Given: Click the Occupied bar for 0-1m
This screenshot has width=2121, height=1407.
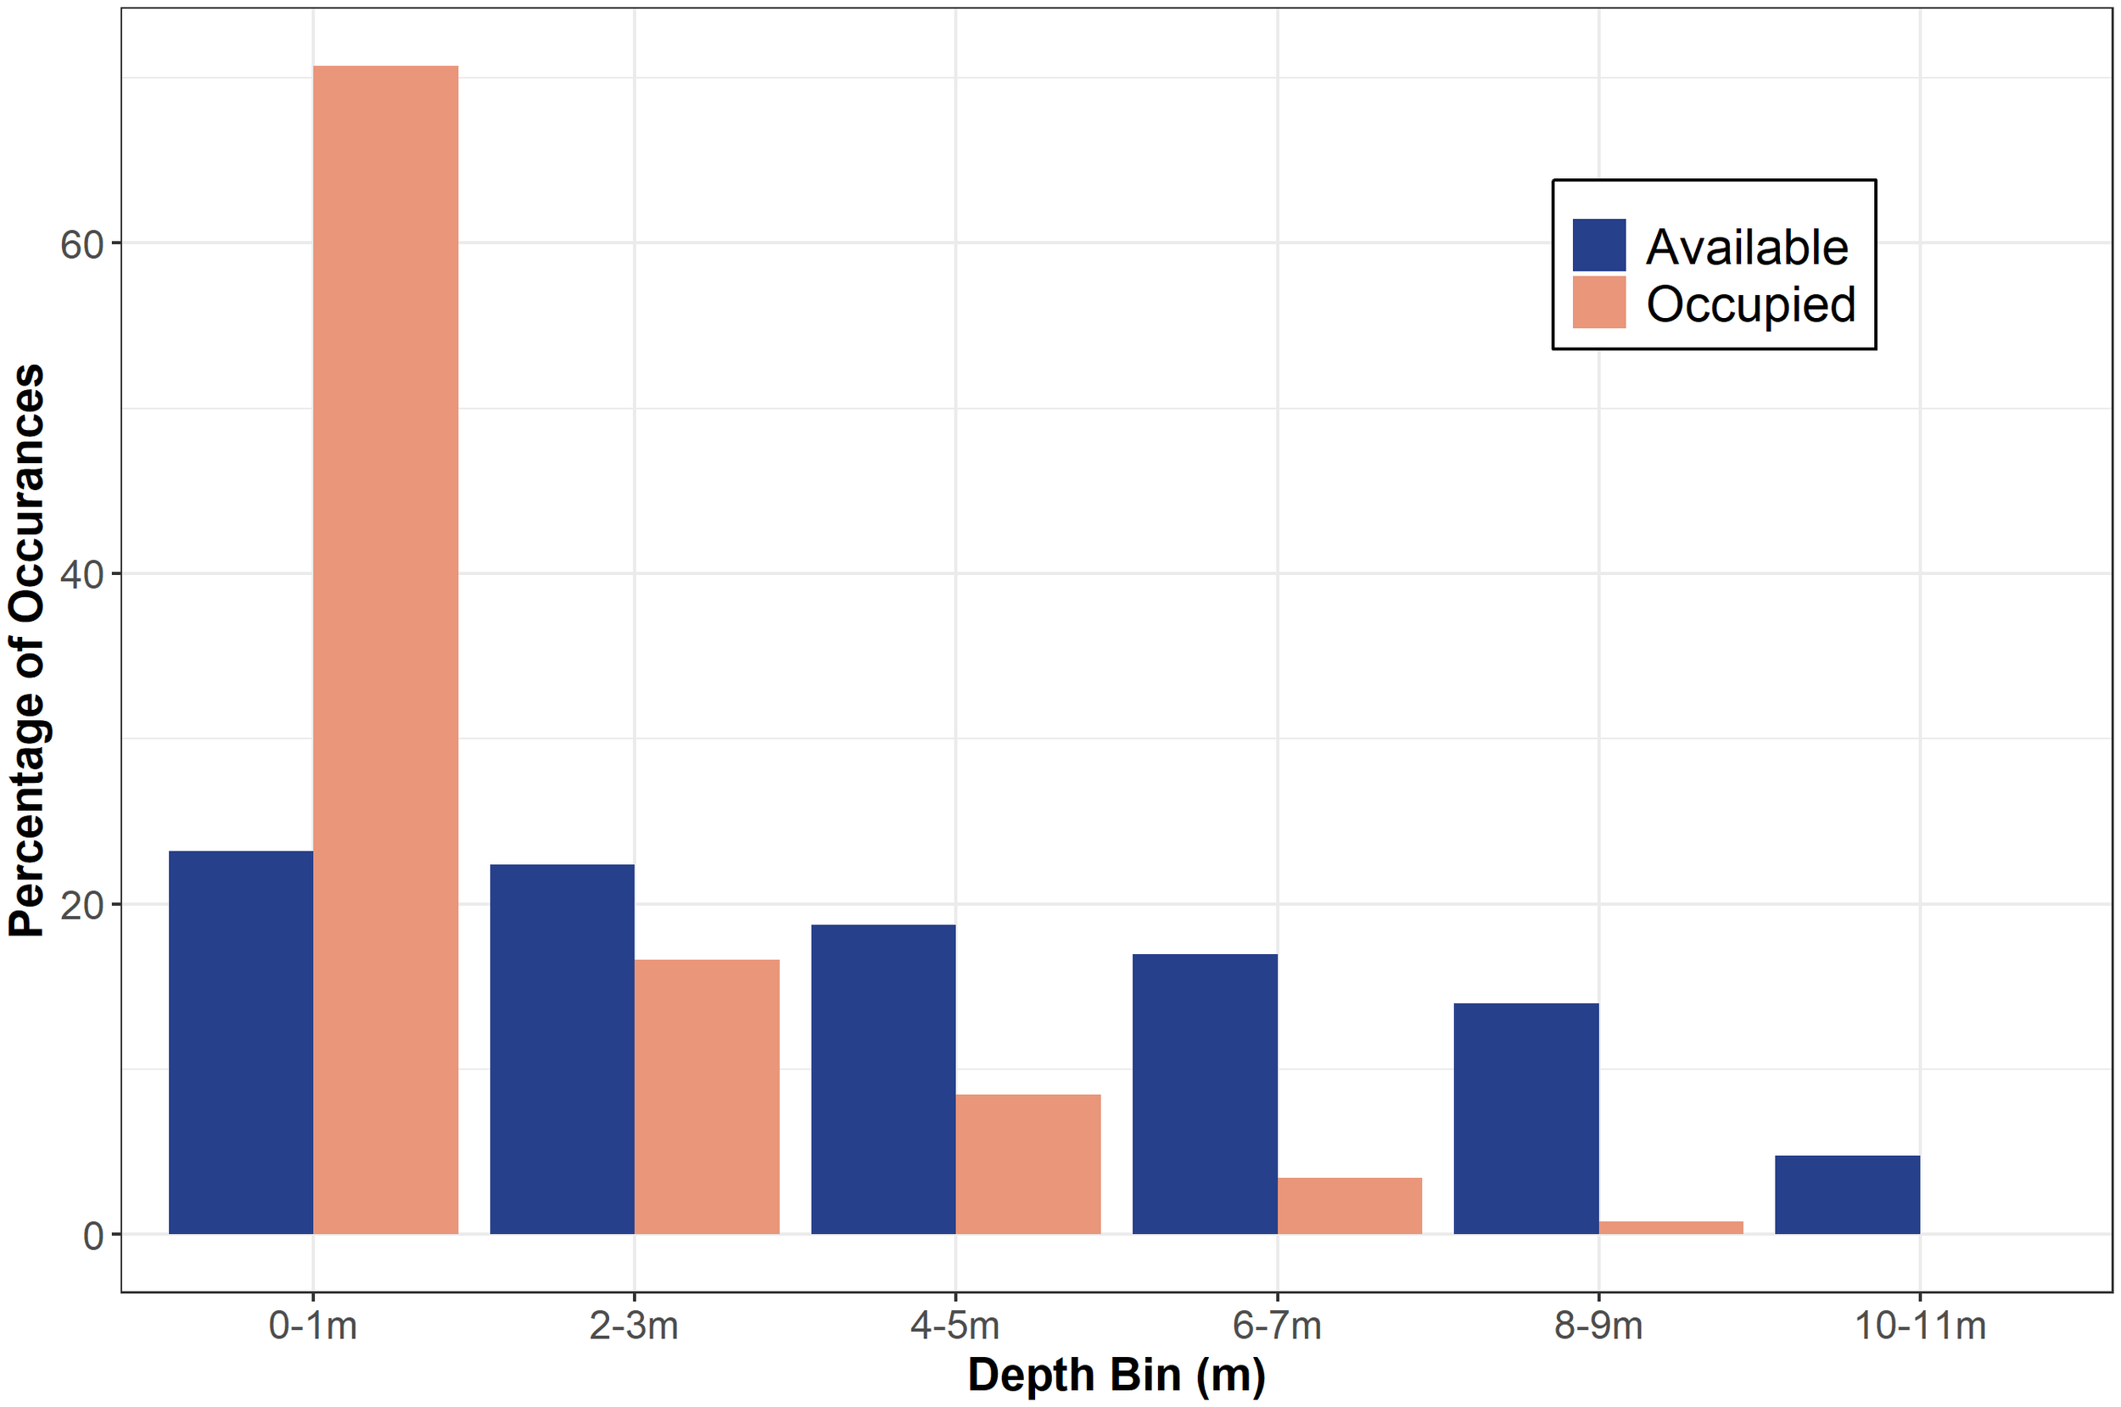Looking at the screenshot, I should [385, 649].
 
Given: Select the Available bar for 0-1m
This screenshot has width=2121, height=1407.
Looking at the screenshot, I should [241, 1041].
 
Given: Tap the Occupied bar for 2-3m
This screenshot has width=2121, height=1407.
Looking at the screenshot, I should [707, 1096].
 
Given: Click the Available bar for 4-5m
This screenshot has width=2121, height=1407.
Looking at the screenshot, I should [883, 1079].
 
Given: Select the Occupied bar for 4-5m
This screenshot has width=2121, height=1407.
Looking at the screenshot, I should [1027, 1163].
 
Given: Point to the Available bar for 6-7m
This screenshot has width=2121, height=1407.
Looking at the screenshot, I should [1205, 1093].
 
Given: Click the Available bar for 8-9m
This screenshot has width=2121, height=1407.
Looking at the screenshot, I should [1526, 1118].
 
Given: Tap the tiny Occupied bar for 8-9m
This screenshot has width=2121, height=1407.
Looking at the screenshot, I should [1670, 1226].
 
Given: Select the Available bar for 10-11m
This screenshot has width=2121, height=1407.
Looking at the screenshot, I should [1847, 1193].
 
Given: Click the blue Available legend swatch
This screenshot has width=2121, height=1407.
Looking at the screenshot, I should [1598, 244].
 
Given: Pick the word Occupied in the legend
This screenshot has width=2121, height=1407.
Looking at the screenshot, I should [1749, 304].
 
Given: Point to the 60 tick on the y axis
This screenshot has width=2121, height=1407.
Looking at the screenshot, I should [82, 244].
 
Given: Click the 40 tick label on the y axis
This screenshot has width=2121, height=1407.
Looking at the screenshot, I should [82, 574].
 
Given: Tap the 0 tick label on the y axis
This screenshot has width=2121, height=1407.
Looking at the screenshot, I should [92, 1236].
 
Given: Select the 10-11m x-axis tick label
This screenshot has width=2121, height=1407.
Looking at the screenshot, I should [1919, 1325].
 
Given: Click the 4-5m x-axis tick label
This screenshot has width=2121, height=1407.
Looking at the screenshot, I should [955, 1325].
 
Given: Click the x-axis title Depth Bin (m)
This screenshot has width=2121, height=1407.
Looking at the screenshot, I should [1116, 1374].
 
